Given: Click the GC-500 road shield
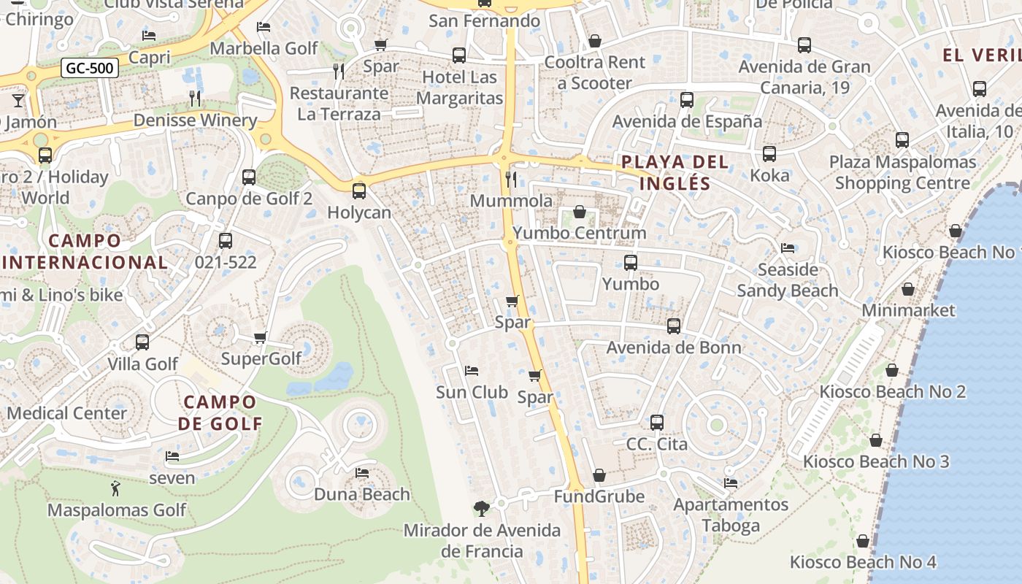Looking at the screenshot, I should (x=90, y=69).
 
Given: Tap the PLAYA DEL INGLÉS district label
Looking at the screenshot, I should (x=675, y=172).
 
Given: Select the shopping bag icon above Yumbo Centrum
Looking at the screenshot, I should (x=579, y=212).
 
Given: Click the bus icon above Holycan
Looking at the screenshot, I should (x=358, y=191).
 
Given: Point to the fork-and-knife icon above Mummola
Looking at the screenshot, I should (x=511, y=179).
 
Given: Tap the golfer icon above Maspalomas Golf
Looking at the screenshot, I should (x=115, y=488).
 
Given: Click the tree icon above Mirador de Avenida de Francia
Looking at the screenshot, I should (x=481, y=508).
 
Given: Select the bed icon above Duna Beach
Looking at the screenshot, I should (x=361, y=473).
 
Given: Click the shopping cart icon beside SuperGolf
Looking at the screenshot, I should (x=260, y=337).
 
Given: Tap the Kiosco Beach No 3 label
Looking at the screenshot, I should (x=876, y=461).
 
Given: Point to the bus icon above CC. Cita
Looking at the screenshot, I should (x=656, y=422).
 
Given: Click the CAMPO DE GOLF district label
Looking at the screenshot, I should (x=220, y=412).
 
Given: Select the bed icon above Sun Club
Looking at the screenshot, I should (x=471, y=371).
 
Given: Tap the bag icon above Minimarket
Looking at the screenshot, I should (x=907, y=290).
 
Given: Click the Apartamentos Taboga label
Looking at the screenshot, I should (x=731, y=515).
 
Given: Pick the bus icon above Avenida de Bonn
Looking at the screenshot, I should (x=673, y=326).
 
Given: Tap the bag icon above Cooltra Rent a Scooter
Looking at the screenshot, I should (x=595, y=41).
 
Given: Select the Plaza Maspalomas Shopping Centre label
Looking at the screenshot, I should (x=902, y=172).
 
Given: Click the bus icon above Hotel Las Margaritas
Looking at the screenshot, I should (x=458, y=55).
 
